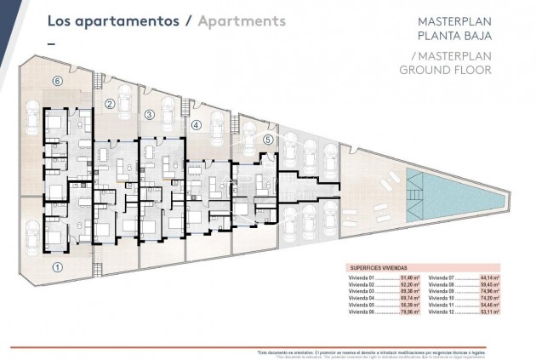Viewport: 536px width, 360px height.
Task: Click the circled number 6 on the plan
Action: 57,81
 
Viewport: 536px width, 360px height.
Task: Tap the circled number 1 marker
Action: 57,266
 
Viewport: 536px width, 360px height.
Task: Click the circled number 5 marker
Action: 267,140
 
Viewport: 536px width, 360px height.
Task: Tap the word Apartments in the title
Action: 242,21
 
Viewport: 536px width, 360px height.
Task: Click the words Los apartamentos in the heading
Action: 112,21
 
